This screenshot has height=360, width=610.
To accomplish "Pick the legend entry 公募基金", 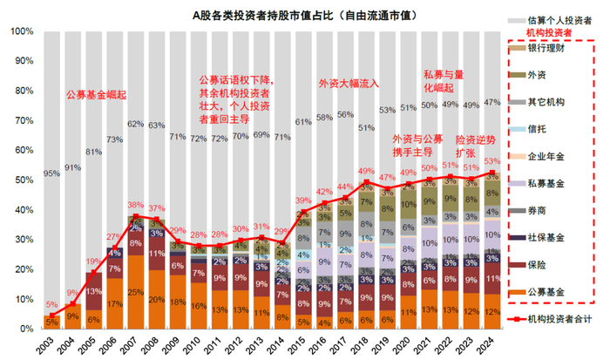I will (546, 291).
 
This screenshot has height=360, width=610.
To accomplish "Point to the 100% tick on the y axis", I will (19, 31).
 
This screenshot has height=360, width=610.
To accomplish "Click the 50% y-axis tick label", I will (22, 180).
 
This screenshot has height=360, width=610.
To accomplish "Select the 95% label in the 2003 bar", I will (51, 173).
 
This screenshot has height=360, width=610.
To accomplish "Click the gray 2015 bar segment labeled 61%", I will (301, 122).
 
